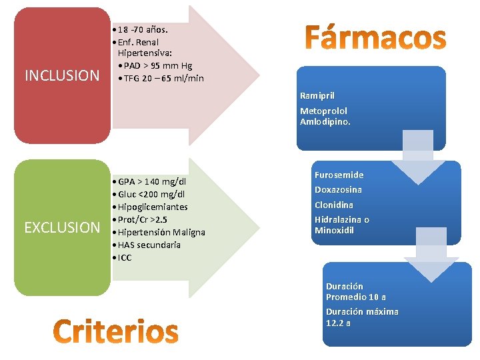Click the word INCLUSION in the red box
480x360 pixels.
pyautogui.click(x=61, y=75)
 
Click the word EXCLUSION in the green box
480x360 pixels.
pyautogui.click(x=61, y=227)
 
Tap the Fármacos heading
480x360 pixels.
pyautogui.click(x=375, y=38)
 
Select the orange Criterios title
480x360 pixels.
pyautogui.click(x=115, y=331)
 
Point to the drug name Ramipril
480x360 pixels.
pyautogui.click(x=317, y=96)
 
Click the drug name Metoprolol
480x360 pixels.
pyautogui.click(x=323, y=111)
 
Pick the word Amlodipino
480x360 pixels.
pyautogui.click(x=325, y=122)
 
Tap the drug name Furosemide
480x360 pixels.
pyautogui.click(x=339, y=175)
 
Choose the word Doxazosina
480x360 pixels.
pyautogui.click(x=338, y=189)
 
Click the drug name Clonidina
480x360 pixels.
pyautogui.click(x=334, y=205)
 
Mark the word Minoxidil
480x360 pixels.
pyautogui.click(x=334, y=231)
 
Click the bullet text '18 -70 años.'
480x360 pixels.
pyautogui.click(x=143, y=29)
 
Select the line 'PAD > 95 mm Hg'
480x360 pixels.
pyautogui.click(x=157, y=65)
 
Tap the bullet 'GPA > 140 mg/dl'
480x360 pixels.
pyautogui.click(x=152, y=181)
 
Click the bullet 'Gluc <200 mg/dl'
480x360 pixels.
pyautogui.click(x=151, y=194)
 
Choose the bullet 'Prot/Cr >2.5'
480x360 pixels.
pyautogui.click(x=143, y=219)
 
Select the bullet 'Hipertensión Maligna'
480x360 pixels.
pyautogui.click(x=161, y=232)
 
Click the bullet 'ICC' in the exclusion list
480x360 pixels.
pyautogui.click(x=125, y=257)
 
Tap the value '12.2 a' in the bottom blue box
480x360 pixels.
pyautogui.click(x=338, y=323)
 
